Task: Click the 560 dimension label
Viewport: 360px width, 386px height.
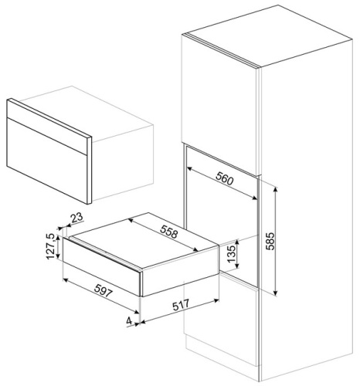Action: click(225, 178)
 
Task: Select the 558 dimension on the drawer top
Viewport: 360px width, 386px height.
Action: click(168, 232)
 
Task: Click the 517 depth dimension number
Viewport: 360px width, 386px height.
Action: click(181, 305)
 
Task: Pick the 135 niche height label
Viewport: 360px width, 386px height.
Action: click(231, 254)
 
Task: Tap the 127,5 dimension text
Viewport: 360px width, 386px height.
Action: click(50, 246)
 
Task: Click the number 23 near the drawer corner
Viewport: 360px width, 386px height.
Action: click(77, 218)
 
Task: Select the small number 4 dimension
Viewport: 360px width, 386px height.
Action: click(129, 320)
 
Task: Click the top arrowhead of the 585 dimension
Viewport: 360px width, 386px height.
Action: click(276, 190)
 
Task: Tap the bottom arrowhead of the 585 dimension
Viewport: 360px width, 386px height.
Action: click(276, 293)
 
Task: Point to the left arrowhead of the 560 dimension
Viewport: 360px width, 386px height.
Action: click(189, 169)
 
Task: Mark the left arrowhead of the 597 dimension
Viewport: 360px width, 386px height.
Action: click(66, 280)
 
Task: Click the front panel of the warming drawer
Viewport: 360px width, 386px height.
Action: click(101, 267)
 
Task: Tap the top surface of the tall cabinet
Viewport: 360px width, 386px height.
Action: click(267, 36)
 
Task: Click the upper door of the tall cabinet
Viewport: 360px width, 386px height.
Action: click(219, 102)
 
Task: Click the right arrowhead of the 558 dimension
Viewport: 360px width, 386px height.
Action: click(195, 249)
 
